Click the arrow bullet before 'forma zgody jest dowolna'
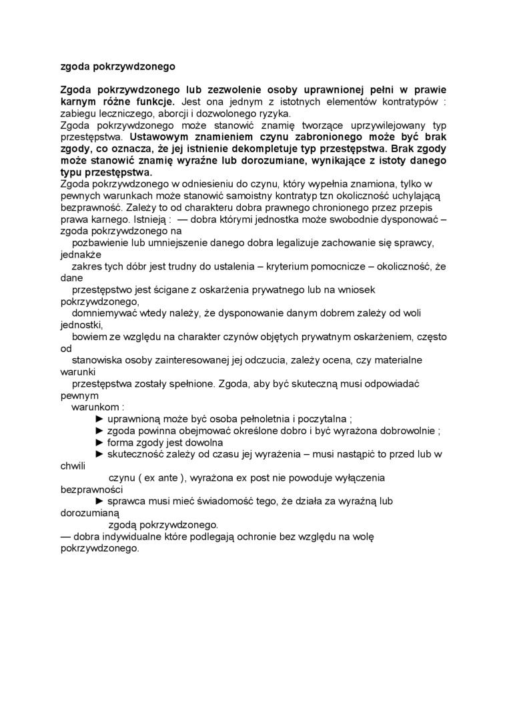pyautogui.click(x=100, y=442)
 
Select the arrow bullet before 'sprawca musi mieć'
pyautogui.click(x=100, y=501)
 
